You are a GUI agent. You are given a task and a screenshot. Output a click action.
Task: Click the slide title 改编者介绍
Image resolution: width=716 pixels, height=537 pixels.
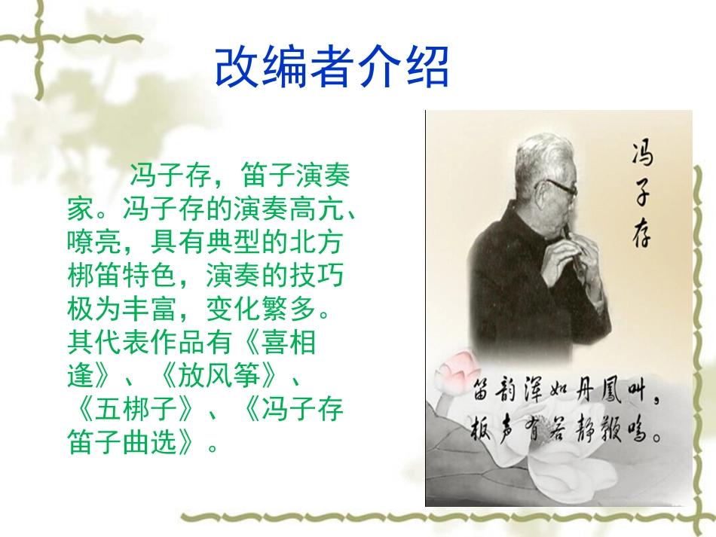332,68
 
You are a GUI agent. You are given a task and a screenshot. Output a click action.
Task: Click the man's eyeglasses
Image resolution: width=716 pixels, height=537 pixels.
558,186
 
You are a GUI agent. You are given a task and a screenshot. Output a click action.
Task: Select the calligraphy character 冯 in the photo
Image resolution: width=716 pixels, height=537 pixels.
641,154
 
